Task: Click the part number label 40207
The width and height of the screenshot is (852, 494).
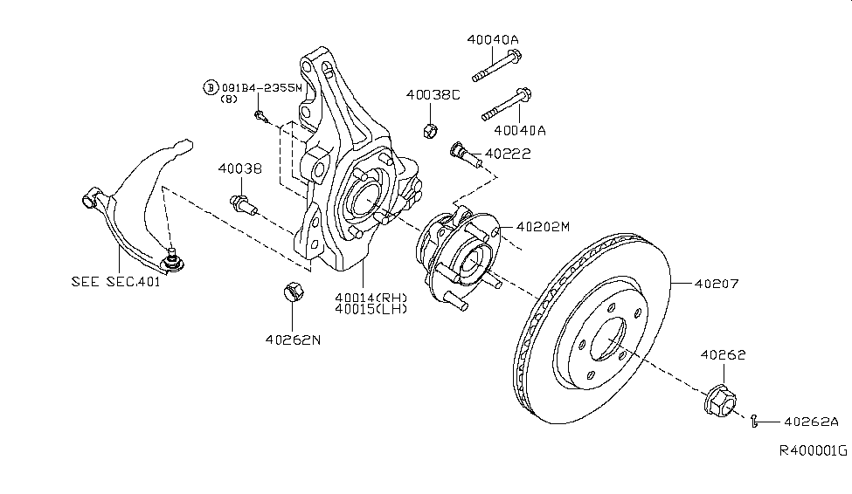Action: coord(717,283)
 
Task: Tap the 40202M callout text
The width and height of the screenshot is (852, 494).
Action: coord(542,226)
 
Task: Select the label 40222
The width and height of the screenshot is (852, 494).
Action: coord(509,153)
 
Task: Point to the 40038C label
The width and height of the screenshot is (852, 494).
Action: coord(432,94)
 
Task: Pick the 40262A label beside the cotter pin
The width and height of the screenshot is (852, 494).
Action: coord(810,421)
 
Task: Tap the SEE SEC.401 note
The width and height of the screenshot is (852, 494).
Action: coord(114,282)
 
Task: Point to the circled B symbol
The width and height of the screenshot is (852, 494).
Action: coord(210,87)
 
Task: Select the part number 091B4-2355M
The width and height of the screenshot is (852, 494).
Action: coord(261,87)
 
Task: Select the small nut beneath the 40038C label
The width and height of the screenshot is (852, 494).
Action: coord(428,130)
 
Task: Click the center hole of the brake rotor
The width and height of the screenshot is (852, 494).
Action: coord(608,341)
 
